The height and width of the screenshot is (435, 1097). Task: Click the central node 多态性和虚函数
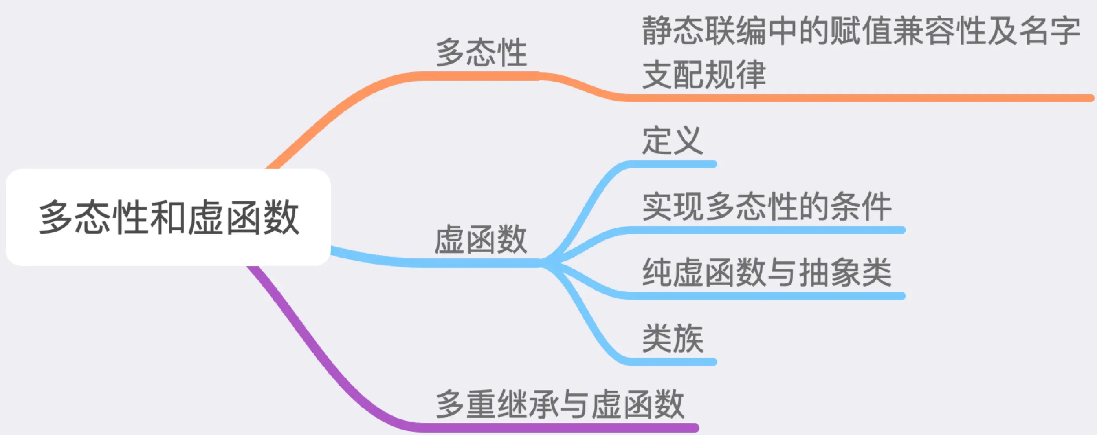[168, 217]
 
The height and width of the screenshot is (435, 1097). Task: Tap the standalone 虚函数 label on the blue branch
[481, 239]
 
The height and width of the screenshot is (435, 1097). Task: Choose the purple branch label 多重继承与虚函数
[560, 404]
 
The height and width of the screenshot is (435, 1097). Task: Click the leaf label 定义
[672, 141]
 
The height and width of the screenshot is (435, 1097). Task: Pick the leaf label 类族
[672, 338]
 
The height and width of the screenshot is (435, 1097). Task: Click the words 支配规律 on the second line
[704, 74]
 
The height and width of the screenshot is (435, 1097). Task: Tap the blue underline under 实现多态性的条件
[767, 230]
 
